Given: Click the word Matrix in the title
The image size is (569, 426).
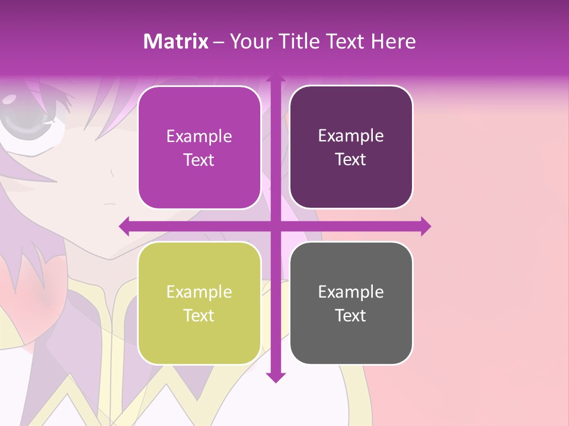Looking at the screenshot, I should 175,41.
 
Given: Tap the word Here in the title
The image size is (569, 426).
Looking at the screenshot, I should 393,41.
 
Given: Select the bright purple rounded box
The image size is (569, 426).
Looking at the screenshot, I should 199,147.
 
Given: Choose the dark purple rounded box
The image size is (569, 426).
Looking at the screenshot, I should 351,147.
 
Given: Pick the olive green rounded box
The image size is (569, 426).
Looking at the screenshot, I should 199,303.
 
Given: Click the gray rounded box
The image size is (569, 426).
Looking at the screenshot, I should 351,303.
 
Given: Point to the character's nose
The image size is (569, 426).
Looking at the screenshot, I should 111,173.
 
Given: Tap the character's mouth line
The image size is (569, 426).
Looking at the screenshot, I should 109,204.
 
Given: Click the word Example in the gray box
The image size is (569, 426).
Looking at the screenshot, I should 351,292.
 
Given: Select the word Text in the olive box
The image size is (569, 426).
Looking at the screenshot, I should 199,315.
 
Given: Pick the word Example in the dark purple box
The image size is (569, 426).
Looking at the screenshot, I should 351,135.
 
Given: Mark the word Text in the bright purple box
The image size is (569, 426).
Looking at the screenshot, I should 199,160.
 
